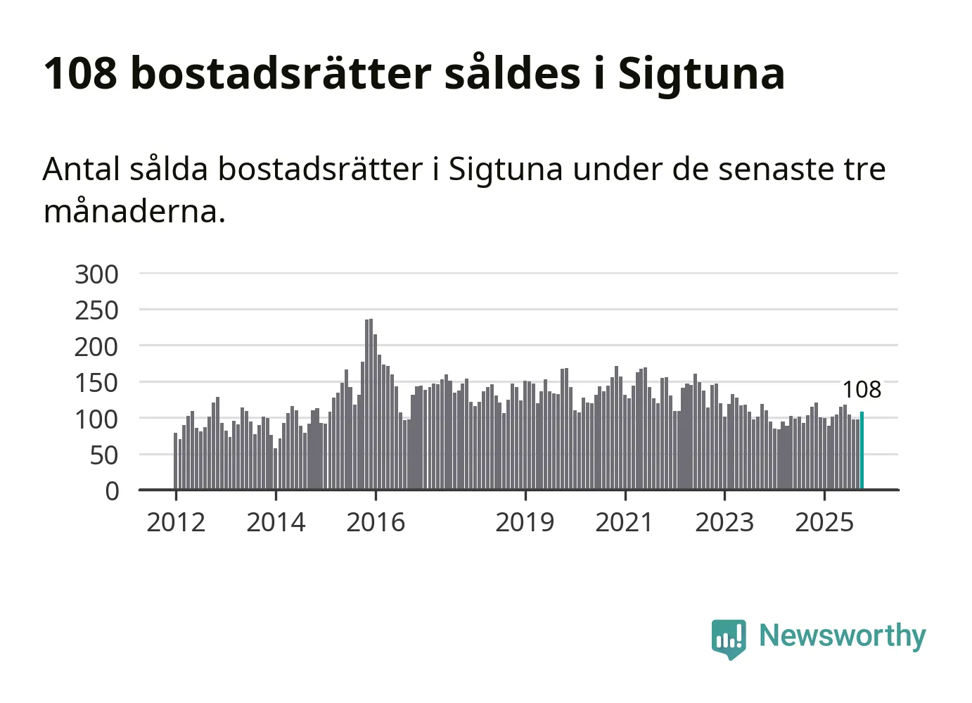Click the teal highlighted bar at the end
(x=862, y=450)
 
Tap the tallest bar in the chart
(x=371, y=405)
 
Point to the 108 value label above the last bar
(x=862, y=390)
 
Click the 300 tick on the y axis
(x=96, y=274)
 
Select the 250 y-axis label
(x=96, y=310)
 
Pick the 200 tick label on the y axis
(x=96, y=346)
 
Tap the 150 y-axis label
(x=96, y=383)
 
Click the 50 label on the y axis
(x=104, y=455)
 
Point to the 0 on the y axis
(x=112, y=491)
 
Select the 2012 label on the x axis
(x=176, y=523)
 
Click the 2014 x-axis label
(x=276, y=523)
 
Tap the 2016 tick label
(x=376, y=523)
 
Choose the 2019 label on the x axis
(x=525, y=523)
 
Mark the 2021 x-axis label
(x=625, y=523)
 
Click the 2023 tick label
(x=724, y=523)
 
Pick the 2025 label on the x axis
(x=824, y=523)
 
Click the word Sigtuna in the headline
(x=701, y=73)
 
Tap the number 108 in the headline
(x=79, y=73)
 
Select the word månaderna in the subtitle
(x=134, y=210)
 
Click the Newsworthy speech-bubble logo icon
(x=728, y=638)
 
